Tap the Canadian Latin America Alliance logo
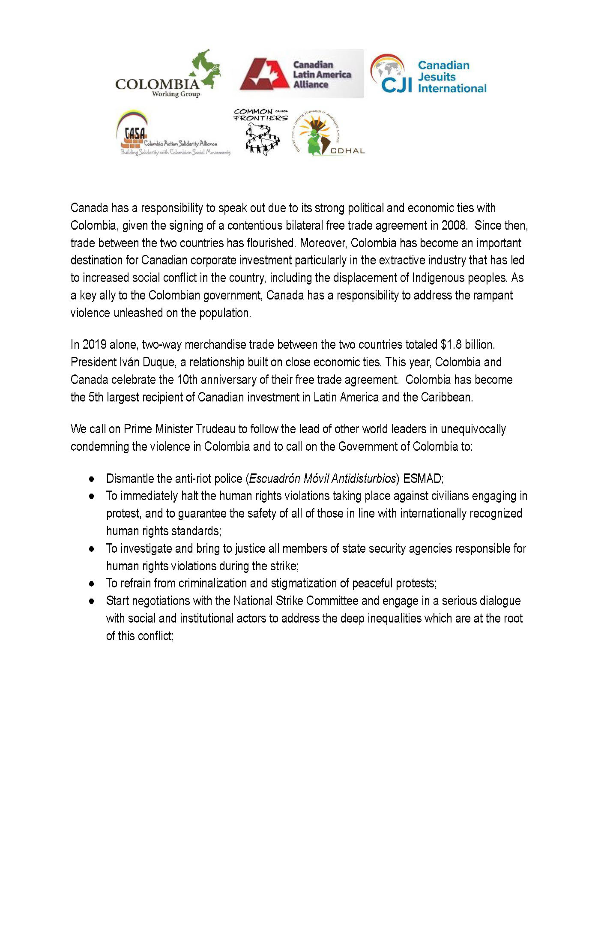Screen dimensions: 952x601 [301, 74]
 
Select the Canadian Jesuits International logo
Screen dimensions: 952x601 [429, 75]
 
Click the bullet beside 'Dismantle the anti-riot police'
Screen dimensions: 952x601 [91, 479]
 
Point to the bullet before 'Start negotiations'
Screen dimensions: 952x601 [91, 601]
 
